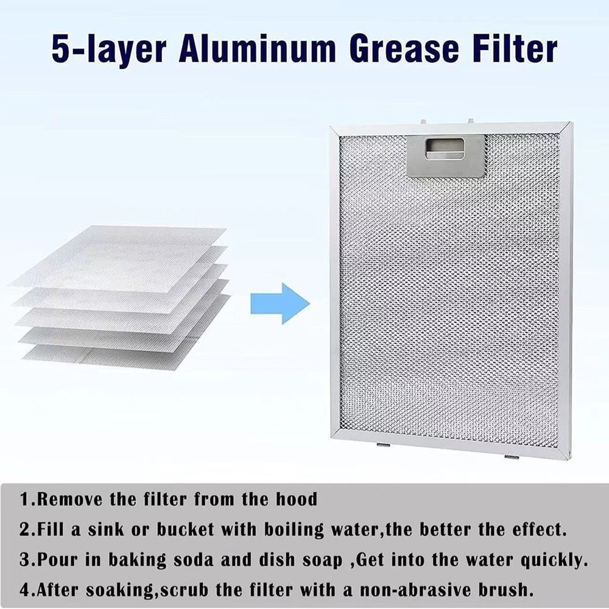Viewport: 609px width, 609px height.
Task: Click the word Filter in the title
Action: click(x=519, y=50)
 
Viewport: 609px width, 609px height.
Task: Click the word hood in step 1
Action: click(x=296, y=500)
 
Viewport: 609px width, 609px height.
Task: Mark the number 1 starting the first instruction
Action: click(x=24, y=500)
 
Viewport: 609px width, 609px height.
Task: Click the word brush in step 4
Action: click(x=508, y=590)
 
